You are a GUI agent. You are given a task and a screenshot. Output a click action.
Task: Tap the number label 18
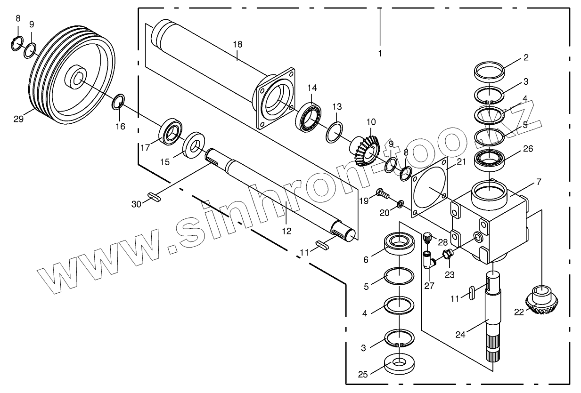pyautogui.click(x=237, y=44)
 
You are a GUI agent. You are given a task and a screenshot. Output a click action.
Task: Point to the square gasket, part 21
pyautogui.click(x=430, y=188)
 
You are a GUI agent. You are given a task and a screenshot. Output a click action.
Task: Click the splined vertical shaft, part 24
pyautogui.click(x=493, y=320)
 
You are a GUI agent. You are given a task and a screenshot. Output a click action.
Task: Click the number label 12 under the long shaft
pyautogui.click(x=286, y=231)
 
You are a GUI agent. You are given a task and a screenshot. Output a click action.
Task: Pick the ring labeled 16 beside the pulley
pyautogui.click(x=119, y=101)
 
